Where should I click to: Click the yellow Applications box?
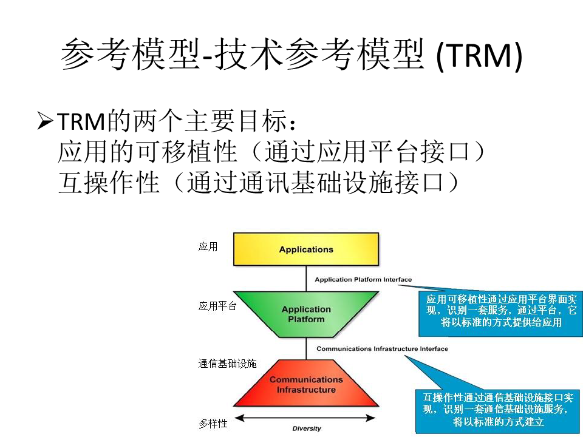click(x=306, y=249)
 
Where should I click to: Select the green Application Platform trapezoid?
click(x=306, y=314)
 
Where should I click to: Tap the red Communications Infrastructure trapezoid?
click(x=306, y=385)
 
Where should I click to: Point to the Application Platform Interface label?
click(x=363, y=280)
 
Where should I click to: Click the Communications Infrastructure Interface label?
click(x=382, y=349)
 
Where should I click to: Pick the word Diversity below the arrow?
click(x=307, y=429)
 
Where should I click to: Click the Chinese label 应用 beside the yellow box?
click(x=208, y=247)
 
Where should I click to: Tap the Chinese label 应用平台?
click(x=217, y=307)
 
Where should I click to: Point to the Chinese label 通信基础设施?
click(x=227, y=364)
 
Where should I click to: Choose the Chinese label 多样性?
click(x=213, y=423)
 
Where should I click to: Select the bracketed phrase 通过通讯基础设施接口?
click(x=316, y=181)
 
